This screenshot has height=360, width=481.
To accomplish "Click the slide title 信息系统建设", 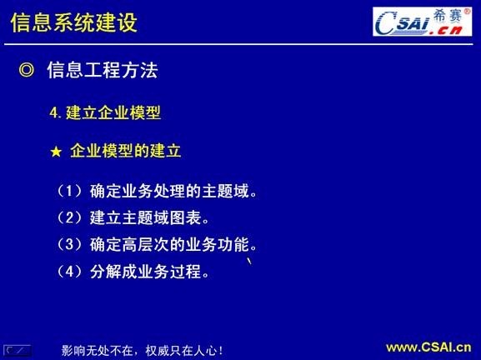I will [x=74, y=22].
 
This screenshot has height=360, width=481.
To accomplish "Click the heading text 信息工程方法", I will [x=103, y=71].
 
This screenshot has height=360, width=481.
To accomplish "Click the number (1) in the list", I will [x=70, y=192].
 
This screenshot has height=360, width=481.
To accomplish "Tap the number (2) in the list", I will [x=70, y=218].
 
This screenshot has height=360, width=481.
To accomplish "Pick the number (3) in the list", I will [x=70, y=245].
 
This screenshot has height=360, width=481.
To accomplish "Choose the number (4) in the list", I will [x=70, y=272].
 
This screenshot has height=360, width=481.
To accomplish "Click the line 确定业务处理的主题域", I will [x=172, y=192].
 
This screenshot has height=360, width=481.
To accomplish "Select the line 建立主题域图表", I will [x=148, y=218].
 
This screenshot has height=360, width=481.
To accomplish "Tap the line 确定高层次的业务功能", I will [x=172, y=245].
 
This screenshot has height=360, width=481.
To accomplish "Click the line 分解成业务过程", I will [x=148, y=272].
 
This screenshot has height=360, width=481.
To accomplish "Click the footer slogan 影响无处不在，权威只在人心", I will [x=143, y=350].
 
